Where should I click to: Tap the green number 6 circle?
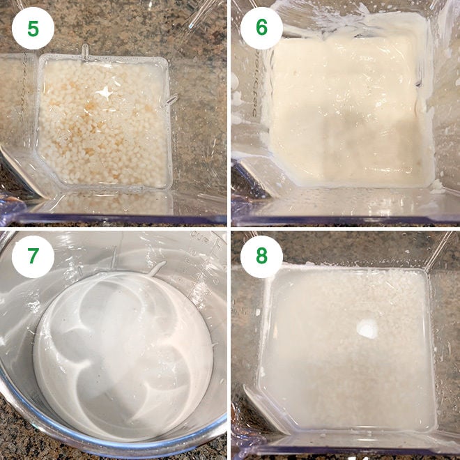tap(261, 28)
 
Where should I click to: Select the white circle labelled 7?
tap(33, 256)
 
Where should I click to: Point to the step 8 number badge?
tap(261, 256)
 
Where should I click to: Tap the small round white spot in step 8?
tap(367, 329)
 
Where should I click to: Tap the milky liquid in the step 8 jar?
tap(335, 362)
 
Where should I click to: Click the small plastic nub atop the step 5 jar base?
tap(85, 50)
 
